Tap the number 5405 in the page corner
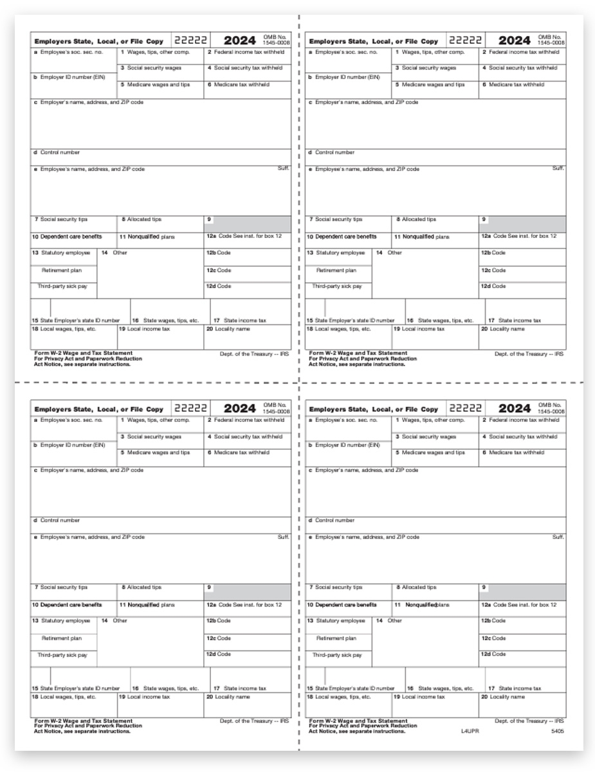pyautogui.click(x=557, y=731)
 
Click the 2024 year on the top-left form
pyautogui.click(x=239, y=41)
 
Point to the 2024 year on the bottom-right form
pyautogui.click(x=515, y=409)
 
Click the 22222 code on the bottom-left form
pyautogui.click(x=191, y=408)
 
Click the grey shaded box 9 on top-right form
pyautogui.click(x=522, y=223)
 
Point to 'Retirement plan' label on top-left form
pyautogui.click(x=60, y=270)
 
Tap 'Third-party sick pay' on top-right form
pyautogui.click(x=337, y=286)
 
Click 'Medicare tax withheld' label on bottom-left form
pyautogui.click(x=238, y=453)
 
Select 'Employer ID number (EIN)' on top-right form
pyautogui.click(x=338, y=77)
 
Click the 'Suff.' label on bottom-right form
pyautogui.click(x=558, y=537)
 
